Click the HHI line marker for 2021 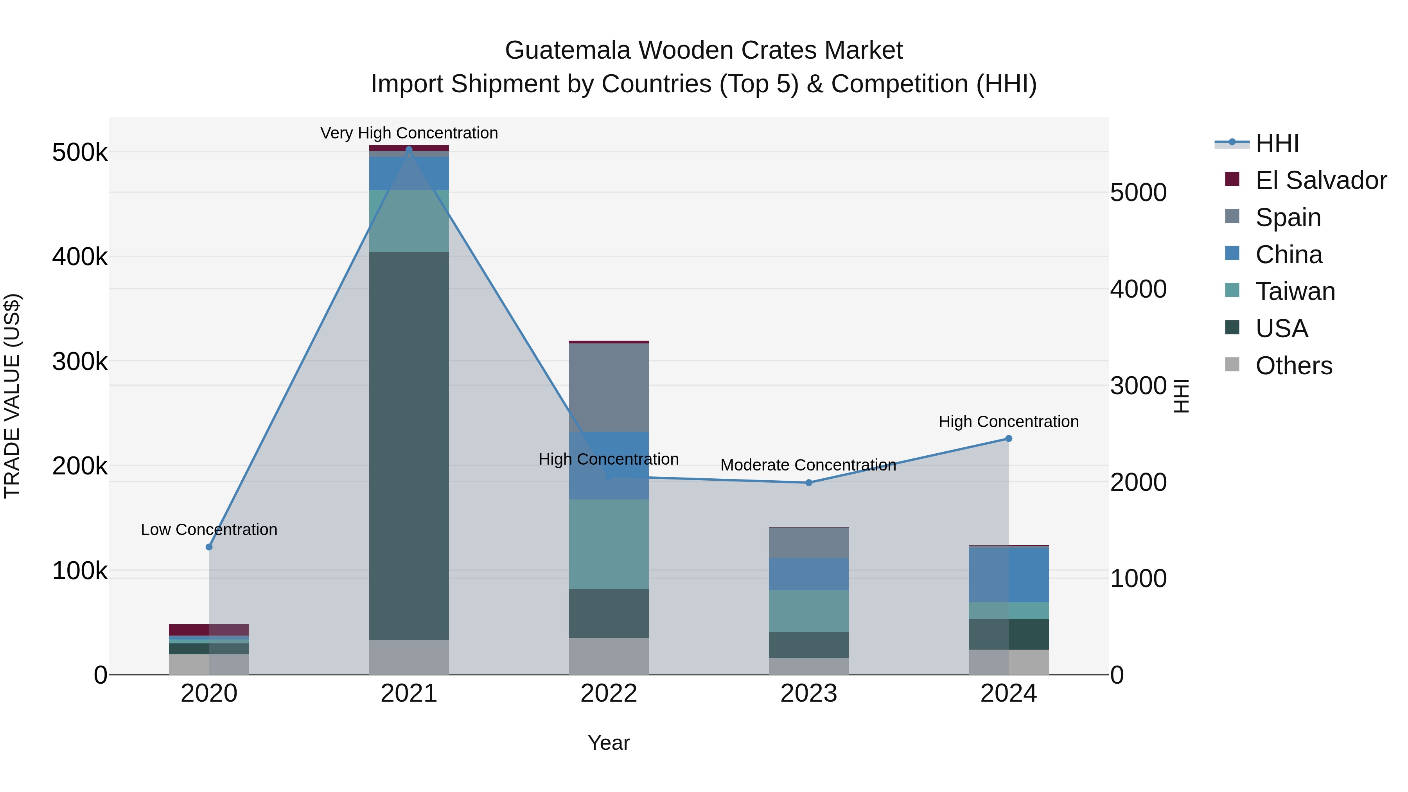pos(409,149)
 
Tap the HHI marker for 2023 pos(809,483)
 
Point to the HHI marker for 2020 pos(209,547)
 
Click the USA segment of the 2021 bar pos(409,445)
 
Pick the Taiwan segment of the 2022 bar pos(609,544)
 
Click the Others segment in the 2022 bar pos(609,656)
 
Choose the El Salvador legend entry pos(1320,180)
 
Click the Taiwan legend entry pos(1295,291)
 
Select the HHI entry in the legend pos(1277,143)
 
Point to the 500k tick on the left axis pos(80,153)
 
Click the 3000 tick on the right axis pos(1139,386)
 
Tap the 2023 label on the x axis pos(809,693)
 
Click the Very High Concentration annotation pos(409,133)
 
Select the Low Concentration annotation pos(209,530)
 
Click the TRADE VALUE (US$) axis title pos(12,396)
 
